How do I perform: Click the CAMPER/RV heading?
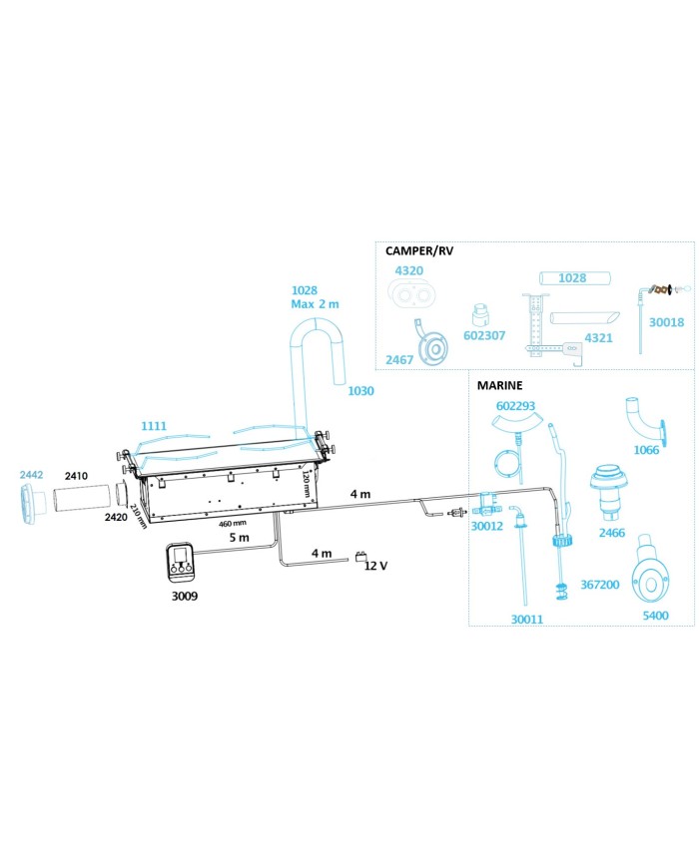(419, 251)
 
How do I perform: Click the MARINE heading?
(499, 385)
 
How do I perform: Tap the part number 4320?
(408, 270)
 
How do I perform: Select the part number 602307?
(483, 335)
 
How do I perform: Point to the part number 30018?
(666, 322)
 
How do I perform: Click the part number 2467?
(399, 359)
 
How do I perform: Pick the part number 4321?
(598, 338)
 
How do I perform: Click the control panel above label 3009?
(180, 563)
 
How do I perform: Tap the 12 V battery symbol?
(360, 557)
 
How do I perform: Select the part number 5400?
(655, 616)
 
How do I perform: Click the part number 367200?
(599, 585)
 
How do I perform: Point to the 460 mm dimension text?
(233, 523)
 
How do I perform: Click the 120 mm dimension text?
(305, 484)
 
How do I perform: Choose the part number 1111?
(154, 426)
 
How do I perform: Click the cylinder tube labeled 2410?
(81, 496)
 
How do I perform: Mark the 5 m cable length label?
(239, 538)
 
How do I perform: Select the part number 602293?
(515, 406)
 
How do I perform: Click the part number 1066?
(646, 450)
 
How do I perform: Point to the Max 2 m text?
(315, 304)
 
